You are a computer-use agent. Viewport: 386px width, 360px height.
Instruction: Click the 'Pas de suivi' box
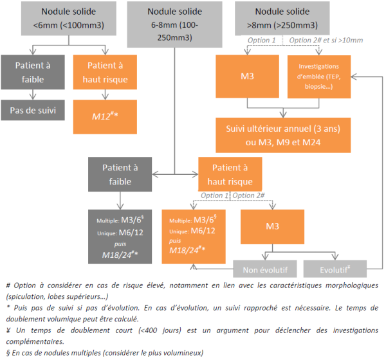(33, 110)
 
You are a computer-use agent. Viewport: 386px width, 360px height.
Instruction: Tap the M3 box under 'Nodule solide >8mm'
(247, 76)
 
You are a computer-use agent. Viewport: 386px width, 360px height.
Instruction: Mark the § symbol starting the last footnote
(6, 353)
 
